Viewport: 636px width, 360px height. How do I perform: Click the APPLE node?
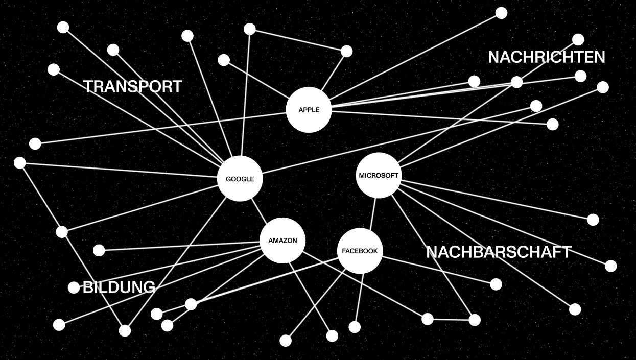click(309, 110)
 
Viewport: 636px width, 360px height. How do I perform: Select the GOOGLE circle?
click(240, 179)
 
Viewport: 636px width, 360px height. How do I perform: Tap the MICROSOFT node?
click(378, 176)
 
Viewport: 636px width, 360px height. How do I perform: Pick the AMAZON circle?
click(282, 241)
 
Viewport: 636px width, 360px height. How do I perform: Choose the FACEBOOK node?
click(360, 251)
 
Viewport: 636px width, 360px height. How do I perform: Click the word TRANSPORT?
click(133, 87)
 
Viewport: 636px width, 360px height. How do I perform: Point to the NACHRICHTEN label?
click(546, 57)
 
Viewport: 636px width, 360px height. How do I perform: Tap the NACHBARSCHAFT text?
click(499, 252)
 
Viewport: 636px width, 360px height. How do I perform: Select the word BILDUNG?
click(119, 287)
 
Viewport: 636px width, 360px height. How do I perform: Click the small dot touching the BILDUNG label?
click(74, 287)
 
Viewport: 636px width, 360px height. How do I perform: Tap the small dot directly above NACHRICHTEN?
click(578, 39)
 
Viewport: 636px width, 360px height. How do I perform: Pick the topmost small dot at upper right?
click(502, 13)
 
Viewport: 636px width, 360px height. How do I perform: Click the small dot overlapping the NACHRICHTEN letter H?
click(516, 82)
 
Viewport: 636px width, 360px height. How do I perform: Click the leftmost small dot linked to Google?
click(20, 163)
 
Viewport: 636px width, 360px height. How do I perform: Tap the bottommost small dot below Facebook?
click(286, 341)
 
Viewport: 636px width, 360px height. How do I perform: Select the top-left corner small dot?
click(63, 28)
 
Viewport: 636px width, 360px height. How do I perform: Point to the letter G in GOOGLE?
click(228, 180)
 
